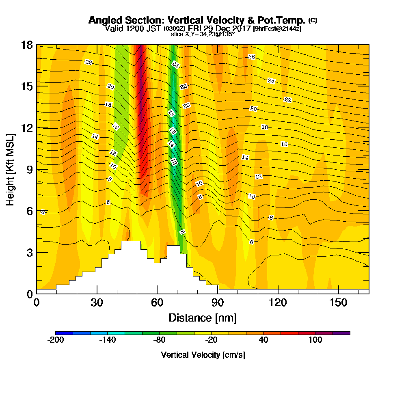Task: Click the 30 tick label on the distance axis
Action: [97, 303]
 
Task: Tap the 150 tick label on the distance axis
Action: [339, 303]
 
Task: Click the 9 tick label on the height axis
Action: [29, 170]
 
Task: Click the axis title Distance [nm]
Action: [203, 317]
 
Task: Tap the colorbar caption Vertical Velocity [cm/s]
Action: [203, 355]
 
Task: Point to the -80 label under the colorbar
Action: [159, 340]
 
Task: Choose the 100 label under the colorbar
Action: [315, 340]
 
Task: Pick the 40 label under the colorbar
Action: [263, 340]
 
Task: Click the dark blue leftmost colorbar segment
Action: [64, 333]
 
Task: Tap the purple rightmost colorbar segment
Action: [341, 333]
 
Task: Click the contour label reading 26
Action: [251, 57]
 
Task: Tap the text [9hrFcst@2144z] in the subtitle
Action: [277, 29]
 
